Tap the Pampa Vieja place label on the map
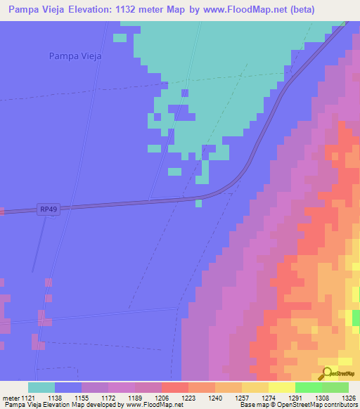[x=76, y=56]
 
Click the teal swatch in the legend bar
[x=41, y=387]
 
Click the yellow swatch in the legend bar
[x=282, y=387]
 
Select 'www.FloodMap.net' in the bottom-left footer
[x=150, y=405]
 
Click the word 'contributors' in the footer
[x=340, y=405]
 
